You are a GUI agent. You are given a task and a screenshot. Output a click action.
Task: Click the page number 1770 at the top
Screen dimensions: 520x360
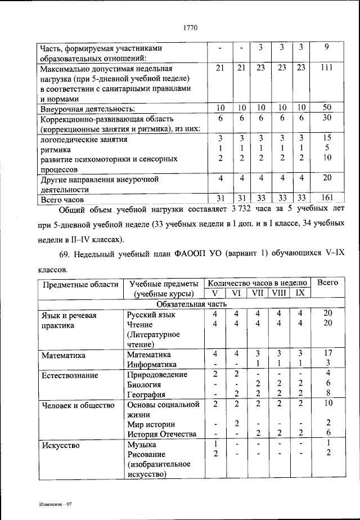(190, 26)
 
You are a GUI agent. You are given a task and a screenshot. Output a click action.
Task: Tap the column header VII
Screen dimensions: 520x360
(257, 293)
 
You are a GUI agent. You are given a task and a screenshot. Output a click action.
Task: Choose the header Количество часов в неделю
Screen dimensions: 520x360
(256, 283)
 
